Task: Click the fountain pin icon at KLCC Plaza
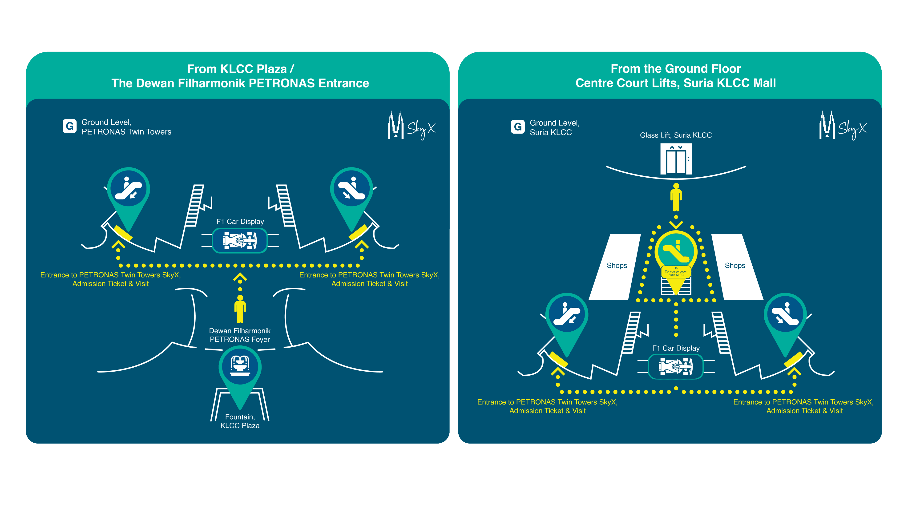240,366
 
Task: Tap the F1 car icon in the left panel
240,241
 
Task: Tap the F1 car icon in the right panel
676,366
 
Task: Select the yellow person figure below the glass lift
676,197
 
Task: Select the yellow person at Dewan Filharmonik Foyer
240,309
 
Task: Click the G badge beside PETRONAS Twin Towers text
69,126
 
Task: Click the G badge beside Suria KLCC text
518,127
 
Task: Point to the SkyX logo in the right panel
843,126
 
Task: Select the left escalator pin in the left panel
129,189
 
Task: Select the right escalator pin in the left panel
351,189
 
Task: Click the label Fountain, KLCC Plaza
240,421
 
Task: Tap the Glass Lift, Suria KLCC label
676,135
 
